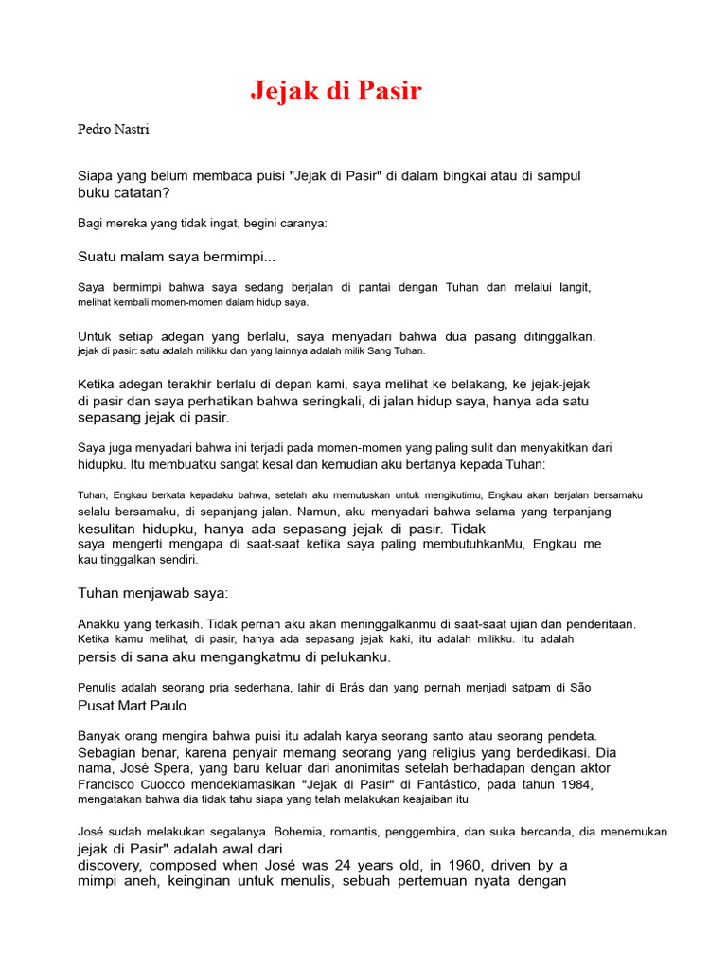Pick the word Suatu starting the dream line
pos(96,257)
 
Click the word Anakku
pos(99,624)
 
